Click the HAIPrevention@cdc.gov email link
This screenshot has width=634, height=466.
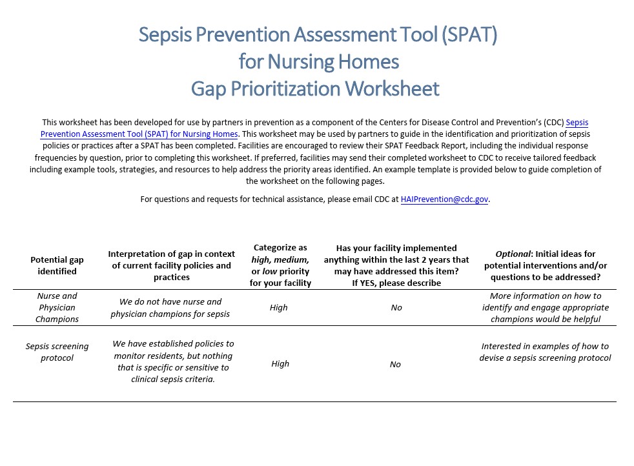click(444, 199)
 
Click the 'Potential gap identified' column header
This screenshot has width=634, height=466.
click(57, 265)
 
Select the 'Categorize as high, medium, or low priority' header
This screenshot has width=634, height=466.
click(280, 265)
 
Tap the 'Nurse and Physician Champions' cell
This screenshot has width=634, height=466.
click(57, 307)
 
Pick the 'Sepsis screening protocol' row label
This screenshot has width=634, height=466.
click(57, 352)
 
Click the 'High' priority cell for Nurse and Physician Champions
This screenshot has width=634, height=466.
click(279, 308)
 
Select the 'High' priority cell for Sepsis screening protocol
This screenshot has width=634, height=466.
click(280, 364)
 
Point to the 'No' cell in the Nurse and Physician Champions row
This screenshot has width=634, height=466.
click(396, 308)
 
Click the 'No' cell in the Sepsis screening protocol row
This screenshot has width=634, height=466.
click(395, 365)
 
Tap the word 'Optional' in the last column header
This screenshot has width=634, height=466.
click(513, 254)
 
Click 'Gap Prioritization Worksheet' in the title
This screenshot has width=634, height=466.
click(315, 88)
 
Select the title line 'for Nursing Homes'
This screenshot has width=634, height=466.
click(318, 61)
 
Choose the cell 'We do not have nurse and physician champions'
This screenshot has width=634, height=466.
click(170, 308)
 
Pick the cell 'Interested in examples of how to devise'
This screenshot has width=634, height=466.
click(545, 352)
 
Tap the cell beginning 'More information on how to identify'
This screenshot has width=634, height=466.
click(546, 307)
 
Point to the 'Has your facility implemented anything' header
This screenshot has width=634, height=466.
click(396, 265)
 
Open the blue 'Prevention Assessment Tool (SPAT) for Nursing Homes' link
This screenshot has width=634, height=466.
click(139, 134)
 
